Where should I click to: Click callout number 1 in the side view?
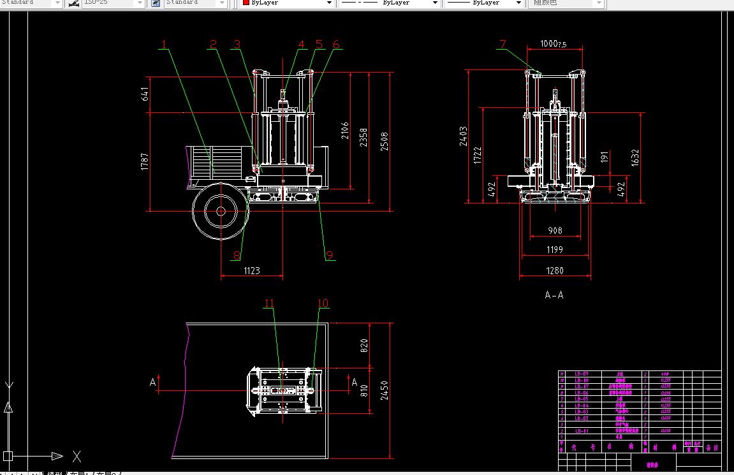point(164,45)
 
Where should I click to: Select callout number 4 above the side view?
point(302,45)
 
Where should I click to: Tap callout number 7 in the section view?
point(503,44)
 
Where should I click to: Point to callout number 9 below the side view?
point(330,255)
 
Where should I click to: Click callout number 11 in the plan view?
point(269,303)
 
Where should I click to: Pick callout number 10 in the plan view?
point(323,303)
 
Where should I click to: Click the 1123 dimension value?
point(252,270)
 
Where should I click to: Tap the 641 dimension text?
point(145,94)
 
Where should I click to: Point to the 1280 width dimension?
point(554,270)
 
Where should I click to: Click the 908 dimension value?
point(554,230)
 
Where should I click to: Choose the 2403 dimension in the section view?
point(463,136)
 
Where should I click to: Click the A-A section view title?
point(554,295)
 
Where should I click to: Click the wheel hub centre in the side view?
point(220,211)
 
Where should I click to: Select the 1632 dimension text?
point(635,157)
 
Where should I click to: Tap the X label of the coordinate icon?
point(77,456)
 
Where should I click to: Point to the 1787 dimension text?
point(145,161)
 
